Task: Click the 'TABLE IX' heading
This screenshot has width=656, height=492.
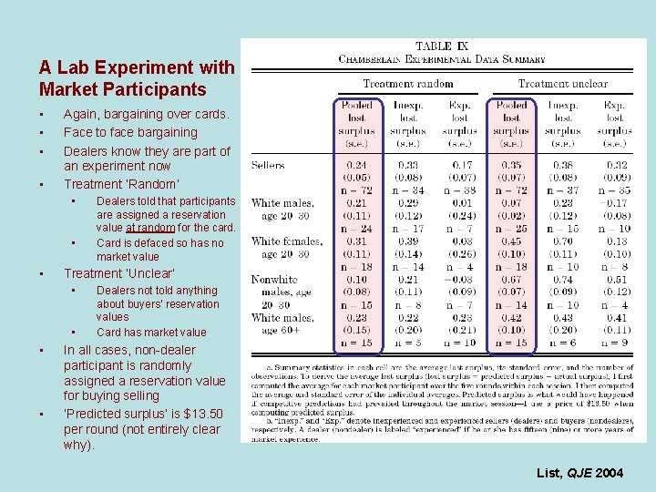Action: point(443,46)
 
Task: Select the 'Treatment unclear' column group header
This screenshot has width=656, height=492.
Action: point(563,84)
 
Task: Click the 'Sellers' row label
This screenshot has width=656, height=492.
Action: point(270,165)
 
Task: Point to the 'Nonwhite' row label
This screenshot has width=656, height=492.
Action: point(274,280)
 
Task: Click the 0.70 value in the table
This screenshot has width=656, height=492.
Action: point(564,241)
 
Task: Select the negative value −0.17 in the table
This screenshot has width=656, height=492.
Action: point(616,203)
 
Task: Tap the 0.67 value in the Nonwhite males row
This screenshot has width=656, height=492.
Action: point(512,280)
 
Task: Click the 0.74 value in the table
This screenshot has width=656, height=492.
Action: point(564,280)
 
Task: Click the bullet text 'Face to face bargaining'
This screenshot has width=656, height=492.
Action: point(130,132)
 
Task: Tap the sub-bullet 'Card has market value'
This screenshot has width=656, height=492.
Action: point(151,332)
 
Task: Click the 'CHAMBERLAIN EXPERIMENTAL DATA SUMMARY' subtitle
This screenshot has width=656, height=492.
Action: point(443,59)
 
